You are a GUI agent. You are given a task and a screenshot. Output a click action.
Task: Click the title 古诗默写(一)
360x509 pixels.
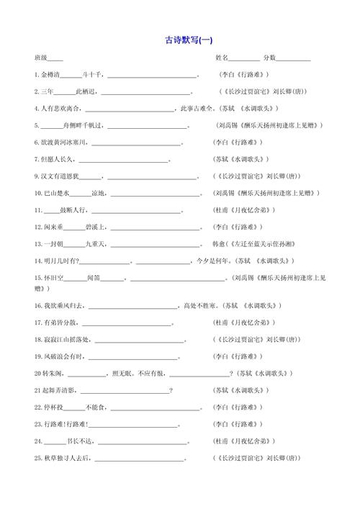coord(189,40)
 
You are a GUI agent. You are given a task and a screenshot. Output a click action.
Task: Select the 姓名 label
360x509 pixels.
coord(222,58)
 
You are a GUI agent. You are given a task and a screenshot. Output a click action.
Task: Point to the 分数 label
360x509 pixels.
coord(269,58)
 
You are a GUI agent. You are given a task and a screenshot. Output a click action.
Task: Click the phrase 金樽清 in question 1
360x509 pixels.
coord(50,75)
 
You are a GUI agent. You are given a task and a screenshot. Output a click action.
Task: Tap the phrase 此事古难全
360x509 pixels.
coord(194,109)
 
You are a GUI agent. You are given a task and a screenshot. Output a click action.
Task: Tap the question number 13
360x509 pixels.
coord(37,243)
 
